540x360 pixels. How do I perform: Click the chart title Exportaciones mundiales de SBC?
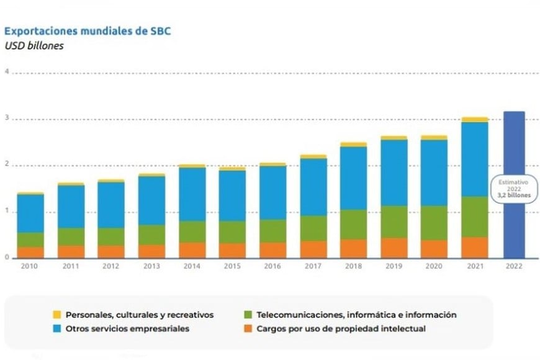click(x=87, y=30)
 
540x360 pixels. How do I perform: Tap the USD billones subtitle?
click(x=34, y=45)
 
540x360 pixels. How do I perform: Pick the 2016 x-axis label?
click(x=272, y=266)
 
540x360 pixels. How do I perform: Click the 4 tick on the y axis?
click(x=7, y=72)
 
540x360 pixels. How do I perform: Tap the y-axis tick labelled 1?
click(x=7, y=212)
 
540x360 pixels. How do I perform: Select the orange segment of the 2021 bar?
click(x=474, y=247)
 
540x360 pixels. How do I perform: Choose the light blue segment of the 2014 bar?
click(x=191, y=194)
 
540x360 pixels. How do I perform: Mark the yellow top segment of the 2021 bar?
click(x=474, y=119)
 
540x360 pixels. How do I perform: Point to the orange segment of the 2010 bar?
click(x=30, y=253)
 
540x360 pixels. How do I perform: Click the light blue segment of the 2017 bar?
click(x=312, y=187)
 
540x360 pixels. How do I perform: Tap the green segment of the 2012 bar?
click(x=110, y=236)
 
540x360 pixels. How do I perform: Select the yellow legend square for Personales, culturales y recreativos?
click(x=56, y=315)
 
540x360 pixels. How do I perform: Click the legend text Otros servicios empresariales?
click(x=128, y=328)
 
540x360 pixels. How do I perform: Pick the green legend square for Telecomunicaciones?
click(x=247, y=315)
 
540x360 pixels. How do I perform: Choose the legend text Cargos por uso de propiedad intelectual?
click(x=341, y=328)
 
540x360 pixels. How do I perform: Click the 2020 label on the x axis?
click(x=433, y=266)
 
